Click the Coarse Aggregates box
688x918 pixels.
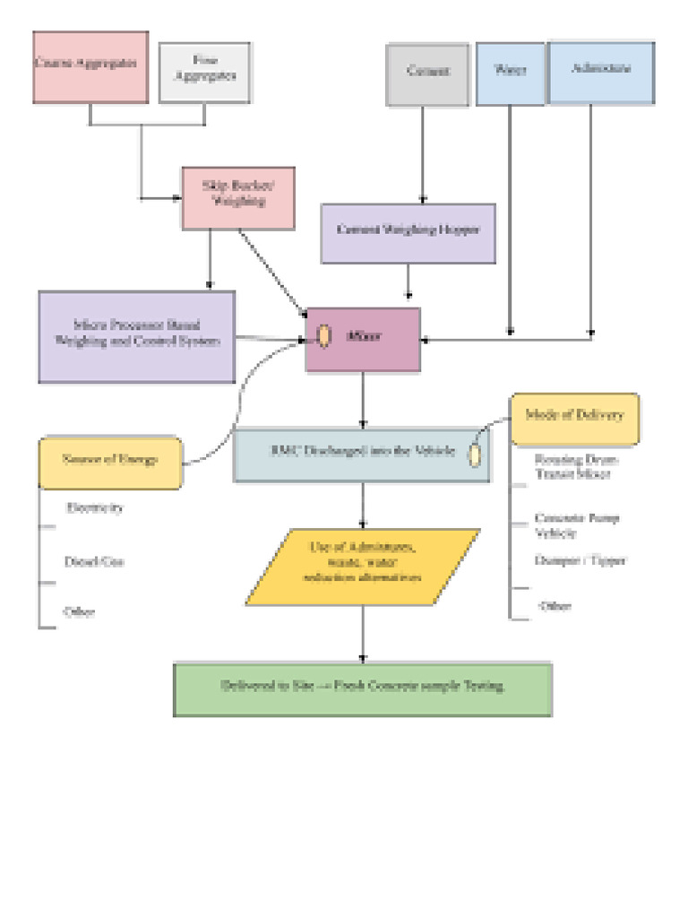[x=90, y=67]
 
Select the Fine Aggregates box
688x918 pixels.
[x=204, y=72]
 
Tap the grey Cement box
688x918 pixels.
[x=427, y=74]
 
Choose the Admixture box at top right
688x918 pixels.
[x=600, y=72]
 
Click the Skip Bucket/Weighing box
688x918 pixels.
[x=238, y=197]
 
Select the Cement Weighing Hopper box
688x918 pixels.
[x=408, y=232]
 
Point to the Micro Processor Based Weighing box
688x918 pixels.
[x=137, y=336]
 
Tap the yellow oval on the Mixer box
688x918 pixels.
[x=323, y=337]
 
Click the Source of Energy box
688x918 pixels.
[x=111, y=462]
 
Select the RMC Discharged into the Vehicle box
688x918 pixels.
[x=362, y=455]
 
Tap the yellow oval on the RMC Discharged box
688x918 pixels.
[x=475, y=454]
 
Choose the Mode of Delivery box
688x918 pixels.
[x=574, y=419]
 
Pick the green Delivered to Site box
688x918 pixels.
[x=362, y=688]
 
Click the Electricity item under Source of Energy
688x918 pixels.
[x=94, y=508]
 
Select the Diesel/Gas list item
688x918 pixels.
[x=93, y=562]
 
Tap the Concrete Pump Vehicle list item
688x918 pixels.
[x=576, y=525]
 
